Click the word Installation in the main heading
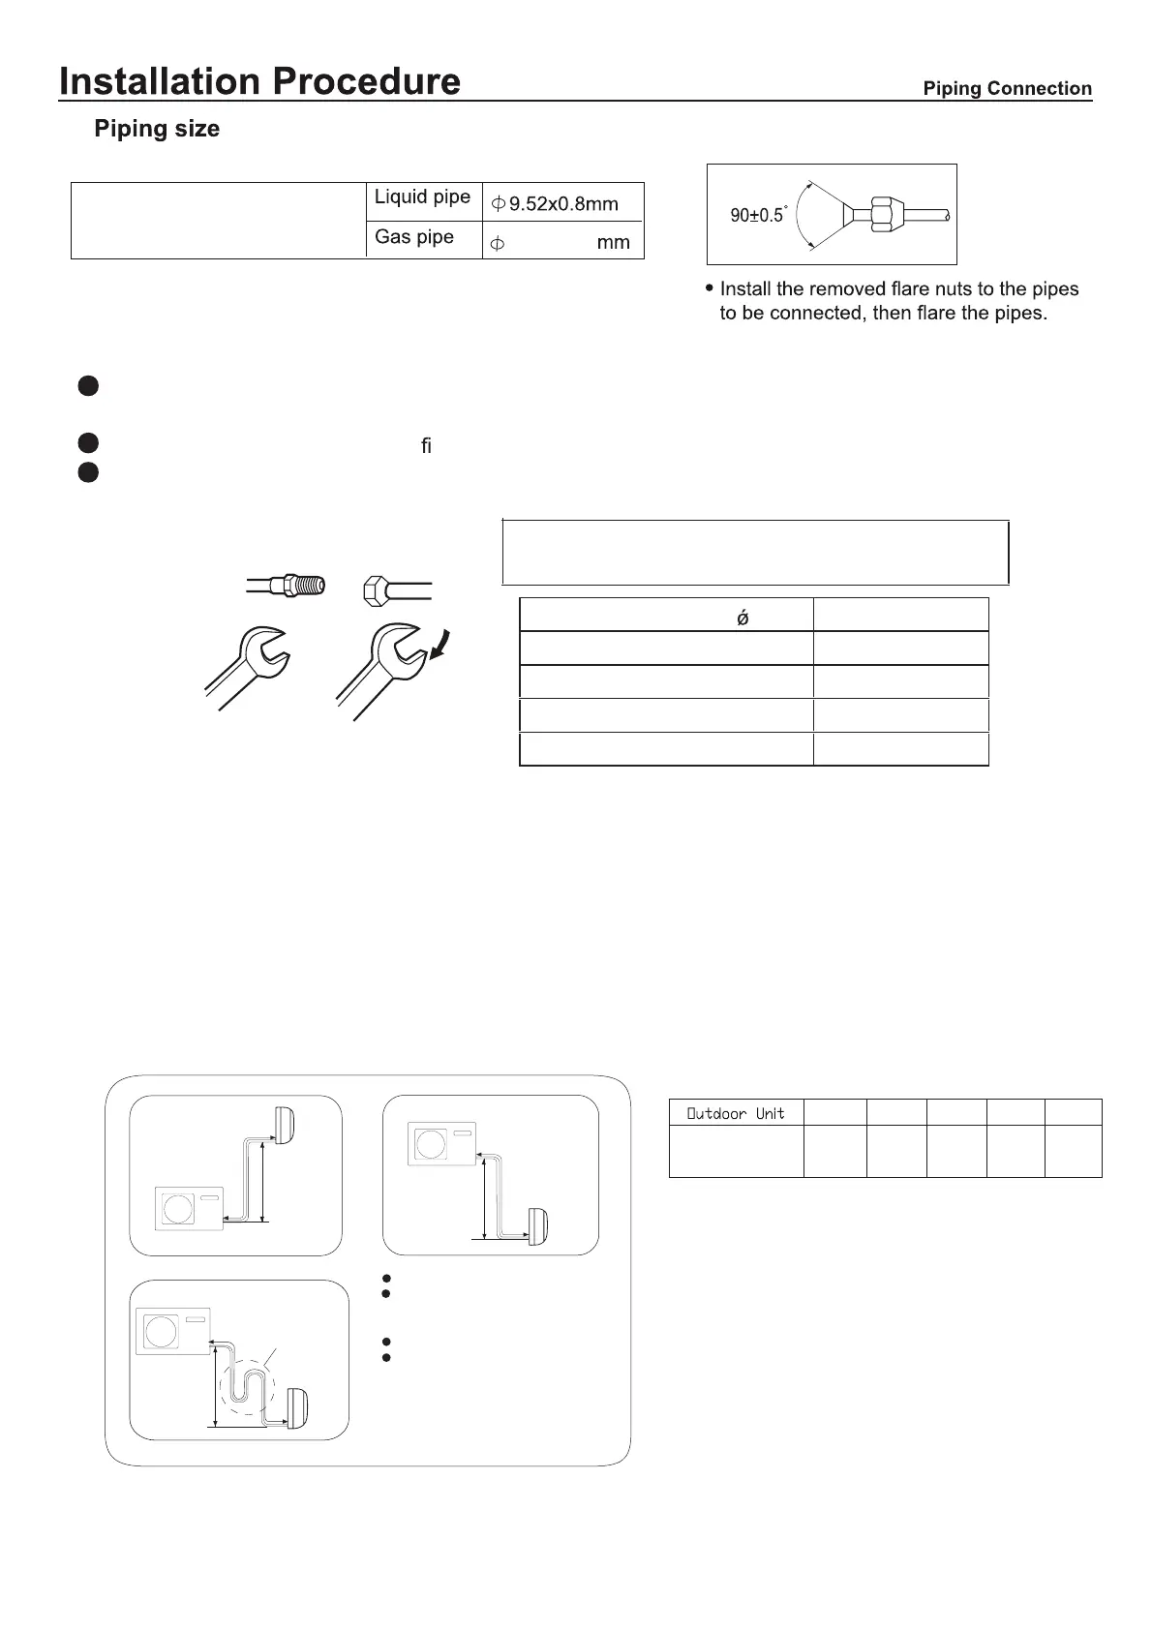(x=157, y=81)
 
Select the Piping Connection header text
(x=1007, y=89)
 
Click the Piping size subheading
(x=157, y=129)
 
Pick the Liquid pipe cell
(x=422, y=197)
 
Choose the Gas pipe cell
(x=414, y=237)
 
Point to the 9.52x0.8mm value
(x=563, y=204)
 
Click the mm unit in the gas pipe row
(x=613, y=243)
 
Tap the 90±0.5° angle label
(x=758, y=215)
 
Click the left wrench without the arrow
(x=247, y=666)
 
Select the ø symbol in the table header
(x=743, y=617)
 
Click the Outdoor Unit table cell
(x=736, y=1113)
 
